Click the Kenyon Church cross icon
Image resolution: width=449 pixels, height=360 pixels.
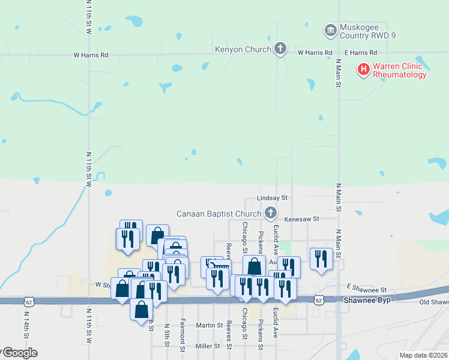tap(280, 49)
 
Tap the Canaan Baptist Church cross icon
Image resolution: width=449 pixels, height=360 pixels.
tap(271, 213)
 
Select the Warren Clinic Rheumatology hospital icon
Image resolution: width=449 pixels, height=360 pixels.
tap(363, 70)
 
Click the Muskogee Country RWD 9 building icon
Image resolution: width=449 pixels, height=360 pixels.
tap(330, 30)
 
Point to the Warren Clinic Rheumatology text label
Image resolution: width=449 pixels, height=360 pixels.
tap(399, 70)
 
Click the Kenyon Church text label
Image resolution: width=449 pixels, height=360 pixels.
tap(245, 49)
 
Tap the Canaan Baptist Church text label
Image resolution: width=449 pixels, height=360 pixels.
tap(218, 214)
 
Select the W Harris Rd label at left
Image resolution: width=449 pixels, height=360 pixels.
tap(91, 55)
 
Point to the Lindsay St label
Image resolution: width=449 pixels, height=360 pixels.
tap(273, 197)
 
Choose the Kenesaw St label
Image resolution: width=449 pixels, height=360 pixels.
tap(301, 220)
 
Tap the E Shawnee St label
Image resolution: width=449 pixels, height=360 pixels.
tap(367, 289)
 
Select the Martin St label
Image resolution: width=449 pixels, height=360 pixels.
tap(209, 325)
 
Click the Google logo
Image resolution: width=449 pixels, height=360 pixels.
tap(19, 353)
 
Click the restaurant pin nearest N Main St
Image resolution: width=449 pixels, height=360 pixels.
tap(321, 259)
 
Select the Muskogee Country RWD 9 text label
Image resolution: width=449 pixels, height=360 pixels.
tap(368, 31)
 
